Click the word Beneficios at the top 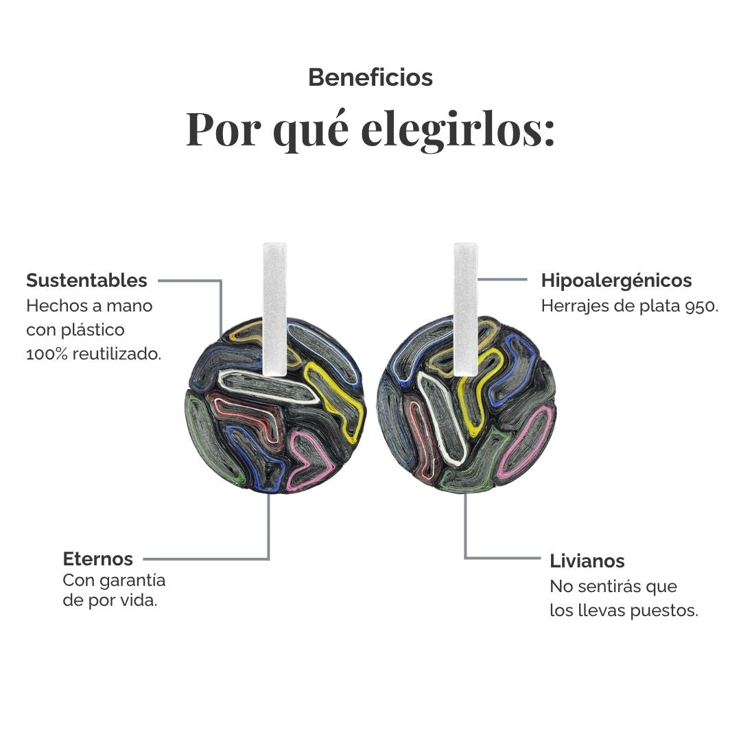point(370,78)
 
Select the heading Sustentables point(87,280)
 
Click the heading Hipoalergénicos point(616,281)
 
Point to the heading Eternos point(98,559)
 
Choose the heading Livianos point(587,561)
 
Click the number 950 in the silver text point(699,307)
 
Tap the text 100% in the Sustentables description point(47,354)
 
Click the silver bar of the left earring point(274,309)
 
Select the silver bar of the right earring point(466,309)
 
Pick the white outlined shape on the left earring point(268,386)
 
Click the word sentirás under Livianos point(609,587)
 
